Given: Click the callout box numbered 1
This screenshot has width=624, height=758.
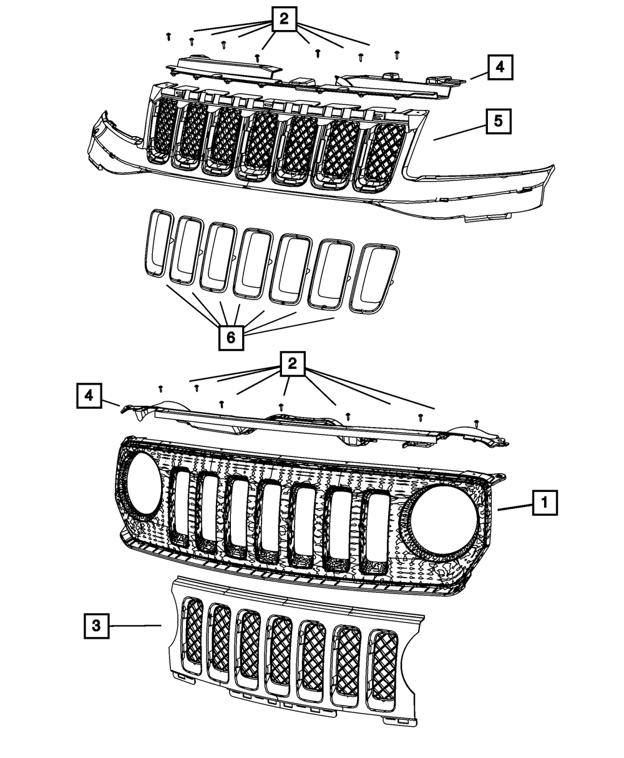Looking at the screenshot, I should pyautogui.click(x=544, y=501).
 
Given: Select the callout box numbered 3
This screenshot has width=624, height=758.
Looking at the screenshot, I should pyautogui.click(x=96, y=626).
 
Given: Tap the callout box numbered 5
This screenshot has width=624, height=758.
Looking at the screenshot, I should pyautogui.click(x=498, y=121).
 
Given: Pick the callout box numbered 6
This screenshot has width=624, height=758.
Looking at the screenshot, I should pyautogui.click(x=230, y=338).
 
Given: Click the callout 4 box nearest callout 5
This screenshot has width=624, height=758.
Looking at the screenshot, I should pyautogui.click(x=500, y=67).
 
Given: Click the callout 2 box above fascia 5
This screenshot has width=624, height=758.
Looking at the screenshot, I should pyautogui.click(x=284, y=19).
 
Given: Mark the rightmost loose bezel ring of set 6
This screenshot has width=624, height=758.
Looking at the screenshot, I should pyautogui.click(x=375, y=278).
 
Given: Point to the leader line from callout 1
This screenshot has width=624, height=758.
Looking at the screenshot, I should pyautogui.click(x=515, y=508).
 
